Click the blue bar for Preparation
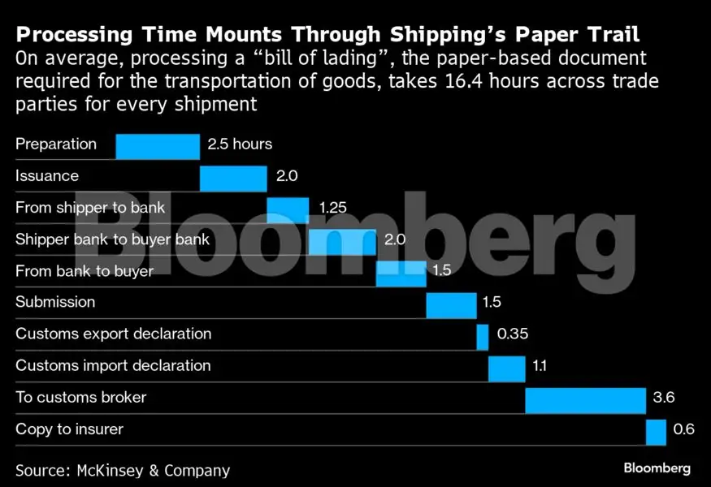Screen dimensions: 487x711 pos(158,146)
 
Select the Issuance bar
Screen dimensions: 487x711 pos(233,178)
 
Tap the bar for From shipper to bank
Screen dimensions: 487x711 pos(288,209)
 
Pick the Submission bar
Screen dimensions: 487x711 pos(451,304)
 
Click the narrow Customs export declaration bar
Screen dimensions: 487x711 pos(483,336)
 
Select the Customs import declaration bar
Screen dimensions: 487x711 pos(507,368)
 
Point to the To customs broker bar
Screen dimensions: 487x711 pos(585,399)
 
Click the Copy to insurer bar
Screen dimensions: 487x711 pos(656,431)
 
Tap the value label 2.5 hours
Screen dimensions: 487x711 pos(240,144)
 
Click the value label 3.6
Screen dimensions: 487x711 pos(664,398)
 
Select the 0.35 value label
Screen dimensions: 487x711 pos(513,334)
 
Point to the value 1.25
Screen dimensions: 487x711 pos(332,208)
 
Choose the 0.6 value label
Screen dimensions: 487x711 pos(684,429)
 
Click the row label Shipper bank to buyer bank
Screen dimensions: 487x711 pos(112,239)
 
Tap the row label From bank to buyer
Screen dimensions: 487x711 pos(85,271)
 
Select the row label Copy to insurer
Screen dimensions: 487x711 pos(69,429)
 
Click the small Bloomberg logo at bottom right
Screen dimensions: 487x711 pos(657,468)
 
